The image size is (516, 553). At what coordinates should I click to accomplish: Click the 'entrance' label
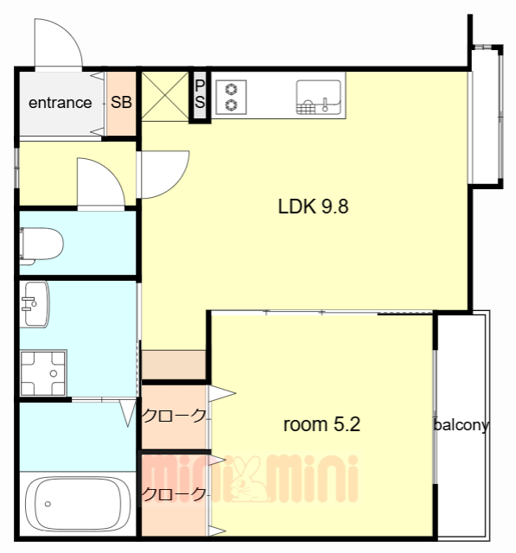coord(60,103)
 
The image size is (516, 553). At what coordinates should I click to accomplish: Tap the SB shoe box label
coord(121,102)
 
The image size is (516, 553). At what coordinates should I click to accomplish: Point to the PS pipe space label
coord(200,94)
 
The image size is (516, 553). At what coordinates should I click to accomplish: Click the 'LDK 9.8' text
coord(313,207)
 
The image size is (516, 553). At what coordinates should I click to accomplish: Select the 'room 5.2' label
coord(322,424)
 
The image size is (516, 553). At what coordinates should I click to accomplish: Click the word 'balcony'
coord(461,425)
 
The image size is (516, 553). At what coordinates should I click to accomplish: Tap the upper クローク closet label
coord(174,416)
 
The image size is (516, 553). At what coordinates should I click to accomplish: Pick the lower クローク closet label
coord(174,494)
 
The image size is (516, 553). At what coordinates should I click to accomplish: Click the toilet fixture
coord(41,245)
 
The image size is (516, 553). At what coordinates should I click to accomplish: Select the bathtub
coord(78,504)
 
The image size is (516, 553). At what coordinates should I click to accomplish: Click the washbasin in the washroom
coord(35,304)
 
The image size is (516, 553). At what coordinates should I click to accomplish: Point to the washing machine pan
coord(43,372)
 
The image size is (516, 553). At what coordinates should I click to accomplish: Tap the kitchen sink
coord(318,97)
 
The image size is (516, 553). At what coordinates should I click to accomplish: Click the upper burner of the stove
coord(232,88)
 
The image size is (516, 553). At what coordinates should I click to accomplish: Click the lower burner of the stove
coord(232,105)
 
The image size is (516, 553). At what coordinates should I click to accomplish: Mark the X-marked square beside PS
coord(165,96)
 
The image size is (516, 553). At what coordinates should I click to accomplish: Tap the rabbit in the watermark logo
coord(247,479)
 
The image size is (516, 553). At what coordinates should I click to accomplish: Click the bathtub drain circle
coord(48,504)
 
